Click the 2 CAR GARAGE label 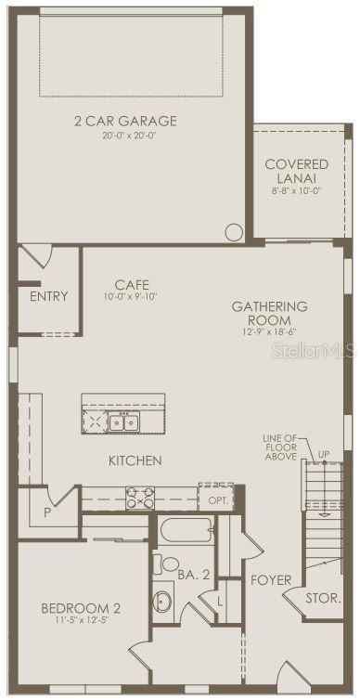pos(125,121)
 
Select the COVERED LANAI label pos(296,171)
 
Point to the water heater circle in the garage pos(234,233)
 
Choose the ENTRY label pos(49,296)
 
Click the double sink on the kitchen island pos(123,421)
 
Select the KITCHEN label pos(135,460)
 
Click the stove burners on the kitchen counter pos(140,499)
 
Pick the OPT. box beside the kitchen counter pos(216,498)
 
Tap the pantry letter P pos(47,513)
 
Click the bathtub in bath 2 pos(186,529)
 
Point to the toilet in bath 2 pos(166,564)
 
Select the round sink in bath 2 pos(162,601)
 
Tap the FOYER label pos(271,580)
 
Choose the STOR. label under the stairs pos(324,599)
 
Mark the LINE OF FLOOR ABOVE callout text pos(281,447)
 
